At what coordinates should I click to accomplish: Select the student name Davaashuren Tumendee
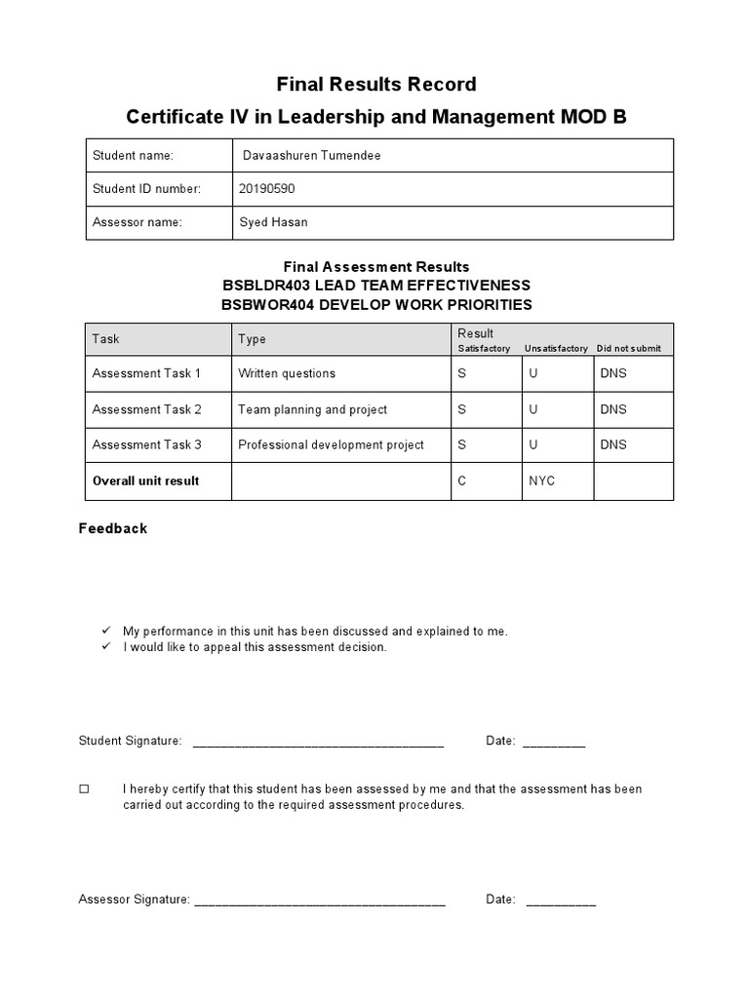[305, 156]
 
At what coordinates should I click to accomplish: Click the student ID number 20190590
[265, 189]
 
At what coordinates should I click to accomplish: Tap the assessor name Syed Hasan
[273, 222]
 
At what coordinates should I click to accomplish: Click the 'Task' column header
[105, 339]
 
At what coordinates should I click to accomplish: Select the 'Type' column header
[252, 339]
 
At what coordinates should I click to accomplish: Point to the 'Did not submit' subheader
[628, 349]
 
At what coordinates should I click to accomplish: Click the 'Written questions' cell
[287, 373]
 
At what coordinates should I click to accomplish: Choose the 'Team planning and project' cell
[312, 409]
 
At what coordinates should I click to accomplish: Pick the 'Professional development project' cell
[331, 444]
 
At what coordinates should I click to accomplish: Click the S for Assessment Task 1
[462, 373]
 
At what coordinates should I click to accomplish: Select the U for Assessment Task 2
[533, 409]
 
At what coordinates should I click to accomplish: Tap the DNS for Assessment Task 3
[613, 444]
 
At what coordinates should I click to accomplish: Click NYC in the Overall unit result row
[542, 480]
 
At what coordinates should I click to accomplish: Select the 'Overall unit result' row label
[145, 480]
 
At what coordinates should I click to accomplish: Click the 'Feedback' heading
[113, 528]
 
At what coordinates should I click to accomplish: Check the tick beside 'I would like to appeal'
[106, 647]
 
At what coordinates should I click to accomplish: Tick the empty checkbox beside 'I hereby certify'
[84, 788]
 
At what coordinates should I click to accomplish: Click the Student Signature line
[318, 744]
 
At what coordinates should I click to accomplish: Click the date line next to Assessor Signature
[561, 902]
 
